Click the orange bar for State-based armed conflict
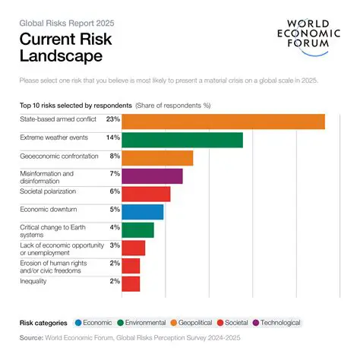click(x=223, y=122)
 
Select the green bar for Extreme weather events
click(x=182, y=140)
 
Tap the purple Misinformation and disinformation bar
click(x=152, y=176)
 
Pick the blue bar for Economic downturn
click(x=143, y=212)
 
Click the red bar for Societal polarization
click(x=146, y=194)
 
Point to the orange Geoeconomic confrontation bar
click(x=157, y=158)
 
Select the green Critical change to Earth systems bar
click(x=137, y=230)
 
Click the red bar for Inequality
click(x=131, y=284)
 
